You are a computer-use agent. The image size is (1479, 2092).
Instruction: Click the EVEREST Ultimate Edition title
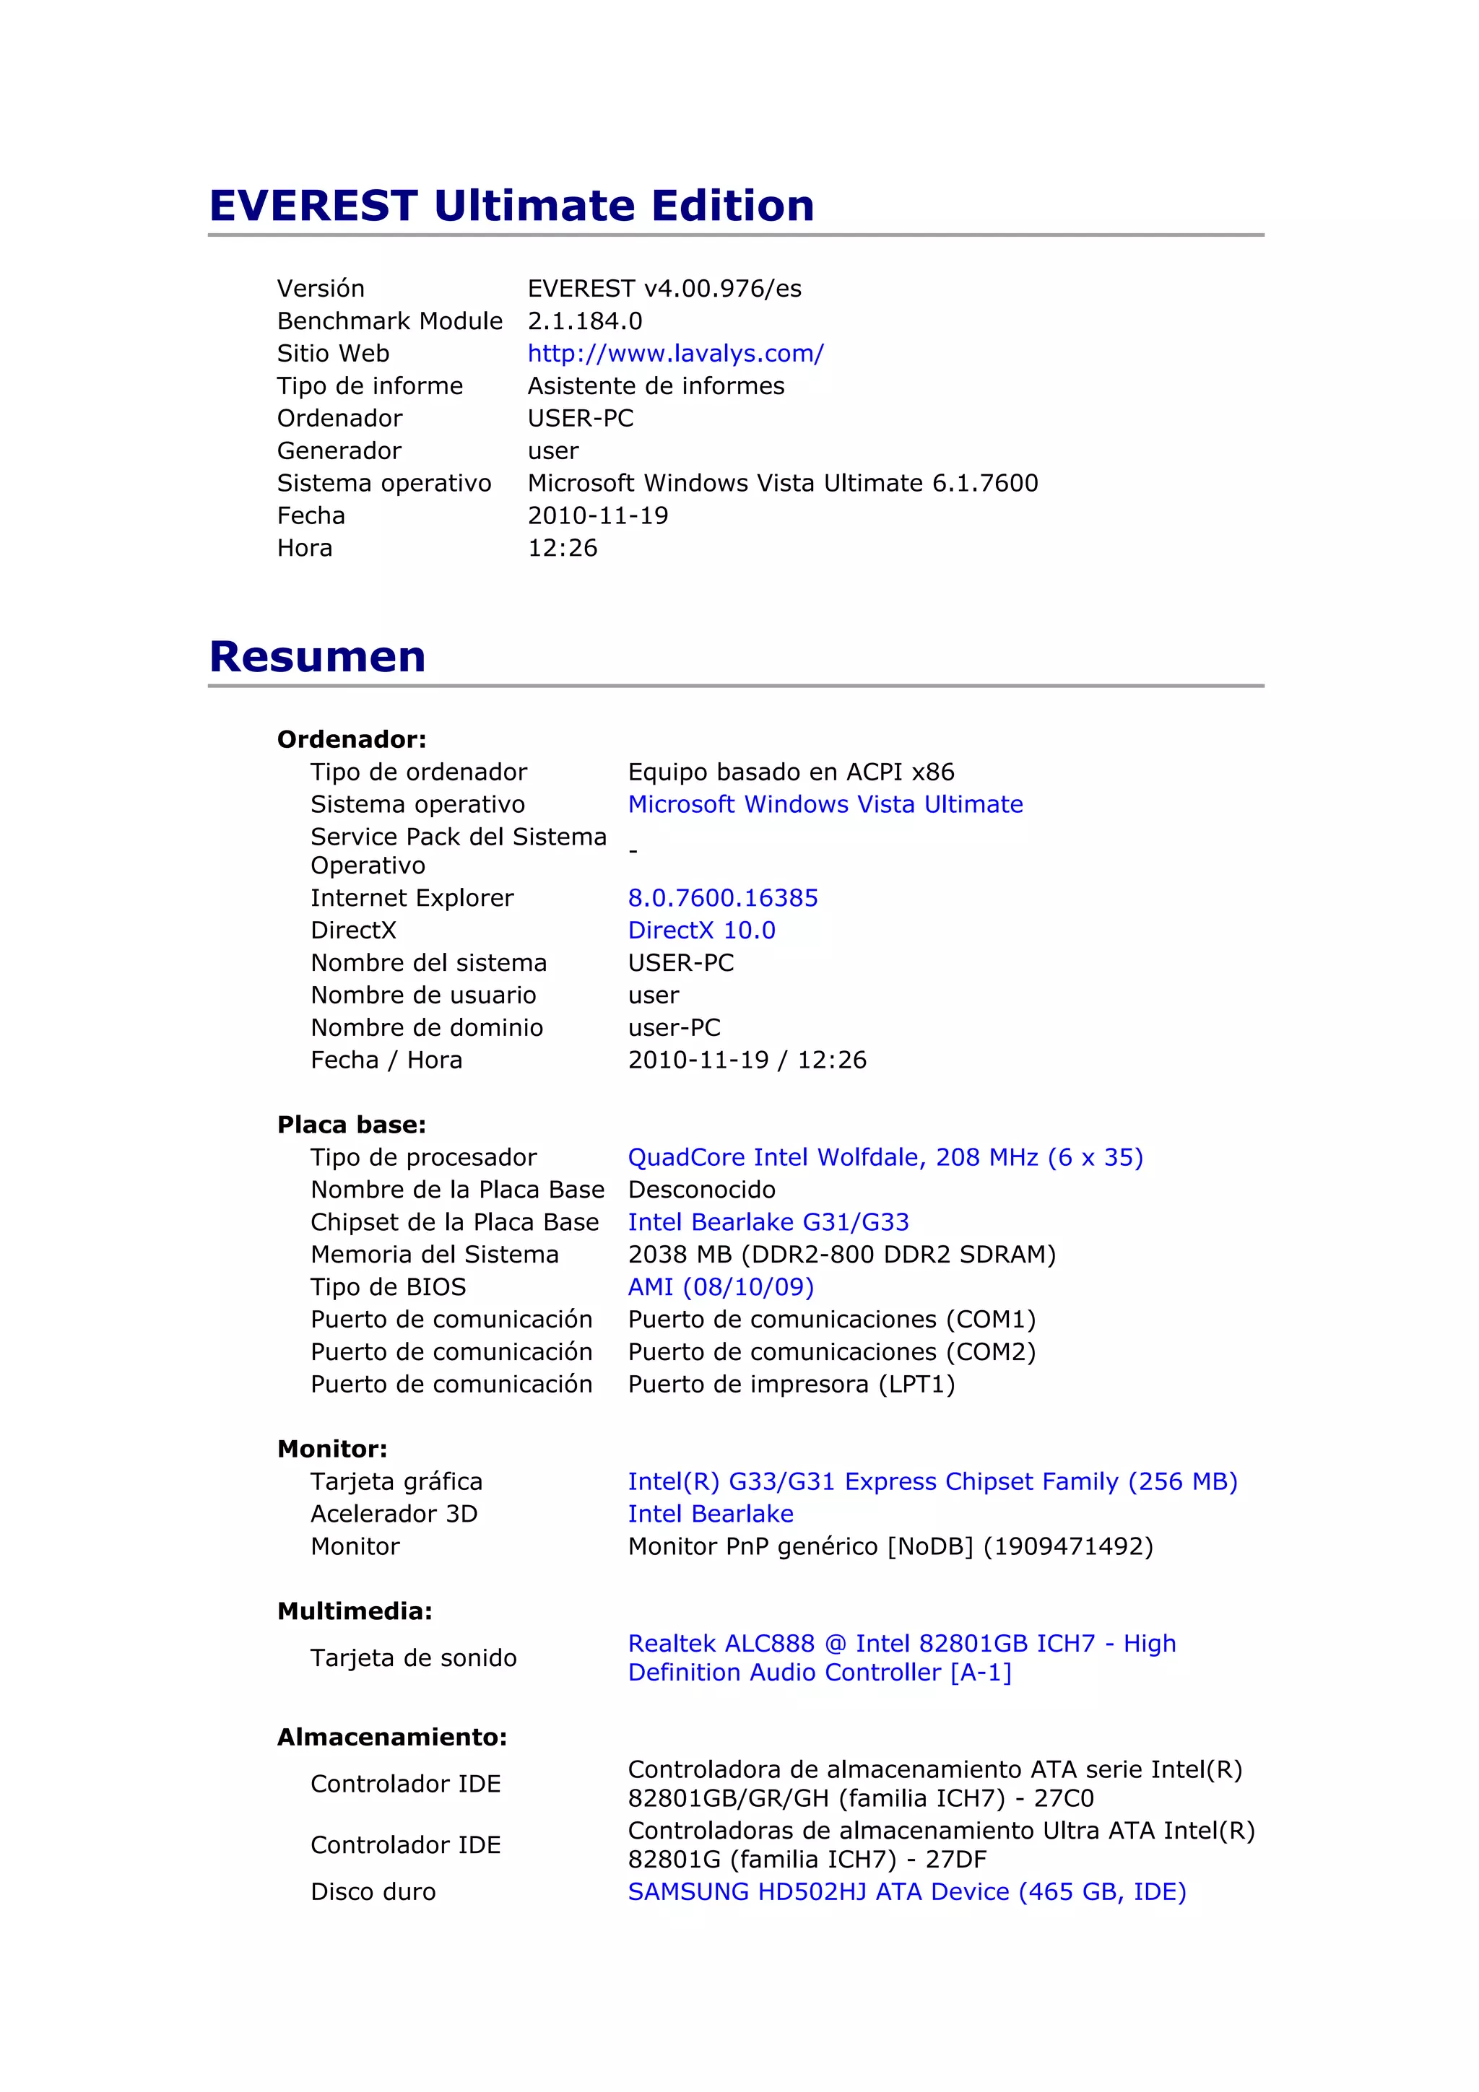(511, 206)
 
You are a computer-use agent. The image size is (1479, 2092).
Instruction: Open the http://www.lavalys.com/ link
(675, 354)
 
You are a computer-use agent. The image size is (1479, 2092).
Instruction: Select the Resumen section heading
(317, 657)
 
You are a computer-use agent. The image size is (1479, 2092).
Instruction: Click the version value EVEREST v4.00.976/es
(664, 289)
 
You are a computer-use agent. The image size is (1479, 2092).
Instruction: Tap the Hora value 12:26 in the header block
(563, 549)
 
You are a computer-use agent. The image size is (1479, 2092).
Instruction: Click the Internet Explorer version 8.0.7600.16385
(723, 899)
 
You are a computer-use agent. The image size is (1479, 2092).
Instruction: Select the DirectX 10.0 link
(702, 930)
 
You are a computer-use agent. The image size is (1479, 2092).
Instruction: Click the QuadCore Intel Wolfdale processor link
(885, 1157)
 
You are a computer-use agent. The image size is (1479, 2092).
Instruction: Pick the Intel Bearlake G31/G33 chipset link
(768, 1222)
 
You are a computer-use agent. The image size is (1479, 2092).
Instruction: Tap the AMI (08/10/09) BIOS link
(721, 1286)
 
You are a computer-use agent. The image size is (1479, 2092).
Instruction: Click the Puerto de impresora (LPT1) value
(791, 1384)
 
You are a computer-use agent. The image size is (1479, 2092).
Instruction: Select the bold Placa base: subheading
(351, 1125)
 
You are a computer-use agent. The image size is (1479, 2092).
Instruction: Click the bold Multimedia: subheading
(355, 1611)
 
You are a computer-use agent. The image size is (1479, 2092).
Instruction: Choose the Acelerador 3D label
(394, 1514)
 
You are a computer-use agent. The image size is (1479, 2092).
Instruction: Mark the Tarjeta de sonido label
(413, 1657)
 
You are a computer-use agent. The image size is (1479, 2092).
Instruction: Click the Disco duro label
(373, 1891)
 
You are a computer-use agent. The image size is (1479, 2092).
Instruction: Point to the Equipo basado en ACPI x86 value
(791, 772)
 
